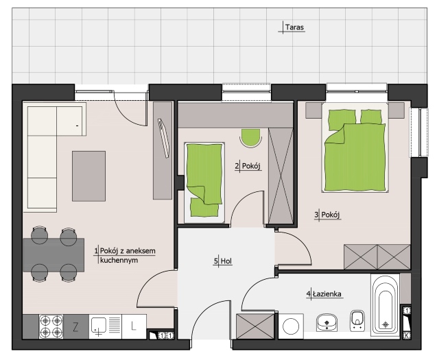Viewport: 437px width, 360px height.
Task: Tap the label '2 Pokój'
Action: click(x=248, y=166)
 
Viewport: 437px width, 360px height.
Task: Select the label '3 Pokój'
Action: click(x=327, y=215)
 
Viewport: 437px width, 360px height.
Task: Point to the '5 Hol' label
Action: click(x=223, y=261)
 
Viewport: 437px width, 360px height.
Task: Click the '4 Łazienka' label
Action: click(x=324, y=293)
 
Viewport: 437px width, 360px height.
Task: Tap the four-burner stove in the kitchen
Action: click(x=51, y=326)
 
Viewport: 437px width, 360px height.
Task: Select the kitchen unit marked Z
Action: click(x=75, y=326)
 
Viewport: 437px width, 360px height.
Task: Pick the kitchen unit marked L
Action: click(x=134, y=326)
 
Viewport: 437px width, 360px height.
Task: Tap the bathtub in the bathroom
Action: click(x=385, y=304)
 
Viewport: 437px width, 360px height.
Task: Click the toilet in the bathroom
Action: click(x=357, y=320)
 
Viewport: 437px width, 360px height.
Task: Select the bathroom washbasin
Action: click(x=327, y=322)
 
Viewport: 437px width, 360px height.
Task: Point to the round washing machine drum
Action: click(x=291, y=326)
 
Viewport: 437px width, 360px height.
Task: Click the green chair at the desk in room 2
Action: click(x=250, y=138)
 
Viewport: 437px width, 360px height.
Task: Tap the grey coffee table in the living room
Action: click(x=88, y=176)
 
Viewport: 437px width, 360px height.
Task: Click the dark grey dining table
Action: click(x=54, y=254)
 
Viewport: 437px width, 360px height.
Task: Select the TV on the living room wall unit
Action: click(x=163, y=139)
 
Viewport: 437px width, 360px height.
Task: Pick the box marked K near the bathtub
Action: click(x=407, y=335)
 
